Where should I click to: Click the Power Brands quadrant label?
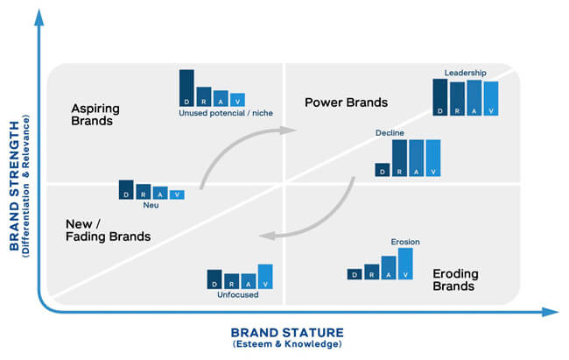(346, 102)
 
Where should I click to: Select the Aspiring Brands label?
(95, 115)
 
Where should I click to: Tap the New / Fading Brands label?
(108, 230)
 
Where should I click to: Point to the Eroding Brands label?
(454, 279)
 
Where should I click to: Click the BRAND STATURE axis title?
(286, 332)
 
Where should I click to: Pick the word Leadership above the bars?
(465, 72)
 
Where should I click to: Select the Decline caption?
(390, 132)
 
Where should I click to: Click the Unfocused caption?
(239, 295)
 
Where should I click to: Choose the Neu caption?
(151, 206)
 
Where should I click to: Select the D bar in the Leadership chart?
(440, 96)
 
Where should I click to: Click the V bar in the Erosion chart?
(404, 263)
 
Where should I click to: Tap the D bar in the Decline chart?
(382, 169)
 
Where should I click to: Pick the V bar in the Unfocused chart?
(265, 276)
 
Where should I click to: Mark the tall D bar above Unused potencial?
(186, 88)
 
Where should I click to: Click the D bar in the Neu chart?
(128, 189)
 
